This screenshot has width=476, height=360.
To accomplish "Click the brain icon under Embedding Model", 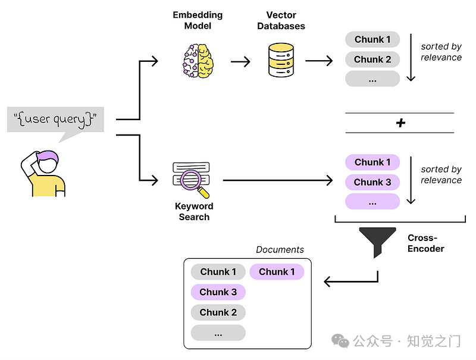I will pyautogui.click(x=197, y=60).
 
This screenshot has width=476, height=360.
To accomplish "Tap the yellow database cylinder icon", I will pyautogui.click(x=281, y=60).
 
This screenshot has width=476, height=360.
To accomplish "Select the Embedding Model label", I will pyautogui.click(x=197, y=20).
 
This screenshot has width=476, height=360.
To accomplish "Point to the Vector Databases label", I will pyautogui.click(x=282, y=20).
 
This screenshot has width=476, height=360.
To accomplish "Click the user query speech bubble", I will pyautogui.click(x=55, y=120).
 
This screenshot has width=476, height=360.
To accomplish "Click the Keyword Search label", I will pyautogui.click(x=194, y=211).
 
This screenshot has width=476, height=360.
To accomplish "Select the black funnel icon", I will pyautogui.click(x=377, y=240).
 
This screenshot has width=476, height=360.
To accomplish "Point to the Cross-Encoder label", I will pyautogui.click(x=426, y=243).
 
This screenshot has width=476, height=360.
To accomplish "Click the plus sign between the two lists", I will pyautogui.click(x=400, y=123).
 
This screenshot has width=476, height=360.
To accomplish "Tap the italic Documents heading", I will pyautogui.click(x=280, y=250).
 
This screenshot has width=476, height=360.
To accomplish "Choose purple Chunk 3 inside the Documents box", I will pyautogui.click(x=218, y=292).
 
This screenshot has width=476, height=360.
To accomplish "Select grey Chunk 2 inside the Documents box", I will pyautogui.click(x=218, y=312).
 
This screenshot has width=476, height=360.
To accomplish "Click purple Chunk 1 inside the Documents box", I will pyautogui.click(x=277, y=272).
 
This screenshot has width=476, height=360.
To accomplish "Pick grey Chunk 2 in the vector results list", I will pyautogui.click(x=372, y=60).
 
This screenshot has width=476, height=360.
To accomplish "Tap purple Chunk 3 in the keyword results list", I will pyautogui.click(x=372, y=182).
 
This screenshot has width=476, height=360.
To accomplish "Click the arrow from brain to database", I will pyautogui.click(x=240, y=61).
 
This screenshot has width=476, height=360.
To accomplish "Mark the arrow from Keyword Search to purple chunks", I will pyautogui.click(x=277, y=180).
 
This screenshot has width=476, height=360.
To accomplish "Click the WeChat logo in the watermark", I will pyautogui.click(x=341, y=341).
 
